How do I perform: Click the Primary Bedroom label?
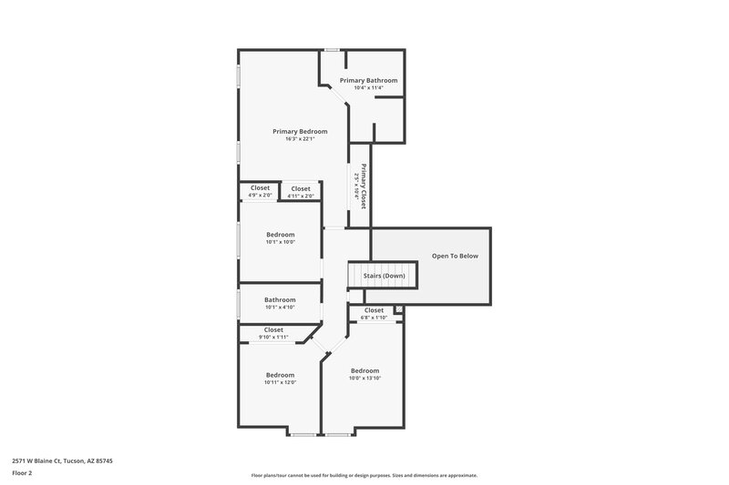[x=300, y=132]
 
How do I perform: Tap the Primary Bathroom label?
[x=368, y=81]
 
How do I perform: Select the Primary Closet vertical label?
[x=364, y=186]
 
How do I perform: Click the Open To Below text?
[x=455, y=256]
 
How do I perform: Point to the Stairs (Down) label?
[x=384, y=275]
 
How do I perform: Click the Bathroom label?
[x=280, y=299]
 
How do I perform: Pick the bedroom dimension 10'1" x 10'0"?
[x=280, y=242]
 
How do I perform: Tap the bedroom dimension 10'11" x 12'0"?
[x=280, y=382]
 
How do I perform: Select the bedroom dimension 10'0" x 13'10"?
[x=364, y=378]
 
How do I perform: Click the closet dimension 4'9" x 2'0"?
[x=260, y=196]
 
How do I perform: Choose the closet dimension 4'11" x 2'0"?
[x=301, y=196]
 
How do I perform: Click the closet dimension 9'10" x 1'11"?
[x=273, y=337]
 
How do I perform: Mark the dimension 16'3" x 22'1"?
[x=300, y=139]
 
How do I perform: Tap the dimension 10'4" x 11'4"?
[x=368, y=88]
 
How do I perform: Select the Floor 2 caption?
[x=23, y=473]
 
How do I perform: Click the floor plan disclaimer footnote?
[x=364, y=475]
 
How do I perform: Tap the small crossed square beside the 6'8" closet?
[x=397, y=310]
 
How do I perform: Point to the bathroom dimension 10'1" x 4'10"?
[x=280, y=307]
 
